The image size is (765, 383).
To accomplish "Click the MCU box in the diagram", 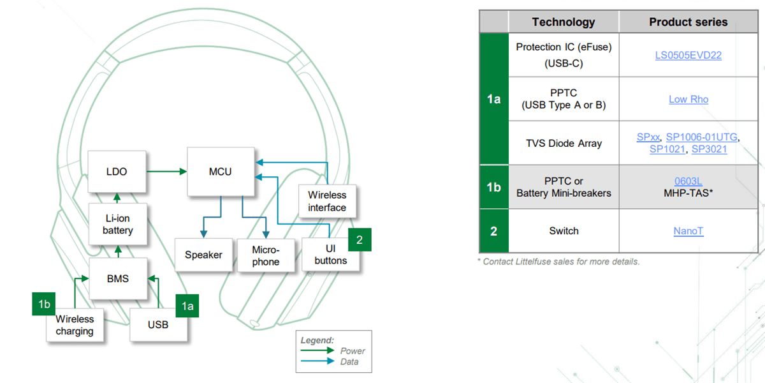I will pos(221,172).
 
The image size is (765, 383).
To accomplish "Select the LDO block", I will pos(117,172).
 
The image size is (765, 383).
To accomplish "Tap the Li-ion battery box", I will pos(117,224).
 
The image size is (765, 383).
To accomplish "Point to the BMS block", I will pos(117,278).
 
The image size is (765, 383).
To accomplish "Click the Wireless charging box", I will pos(75,325).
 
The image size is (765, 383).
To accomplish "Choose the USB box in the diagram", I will pos(158,324).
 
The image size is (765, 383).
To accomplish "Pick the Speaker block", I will pos(203,255).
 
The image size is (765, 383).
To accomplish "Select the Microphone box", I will pos(266,256).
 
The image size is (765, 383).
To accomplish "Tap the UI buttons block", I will pos(330,255).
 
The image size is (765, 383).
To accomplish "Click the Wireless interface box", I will pos(327,201).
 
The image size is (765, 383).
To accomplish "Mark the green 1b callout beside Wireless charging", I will pos(44,304).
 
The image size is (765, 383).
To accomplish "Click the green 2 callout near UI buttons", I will pos(360,240).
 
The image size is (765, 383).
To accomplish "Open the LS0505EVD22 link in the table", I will pos(688,55).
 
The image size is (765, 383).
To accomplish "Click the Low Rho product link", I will pos(688,99).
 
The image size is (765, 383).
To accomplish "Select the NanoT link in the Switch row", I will pos(688,231).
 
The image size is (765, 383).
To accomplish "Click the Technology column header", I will pos(563,22).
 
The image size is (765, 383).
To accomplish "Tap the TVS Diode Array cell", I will pos(563,143).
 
